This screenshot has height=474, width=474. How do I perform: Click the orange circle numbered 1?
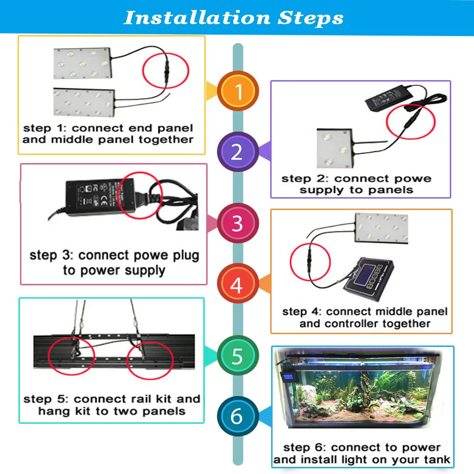pos(238,91)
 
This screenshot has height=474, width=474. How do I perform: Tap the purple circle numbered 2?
pos(237,152)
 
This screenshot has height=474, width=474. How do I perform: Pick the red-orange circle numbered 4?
pos(237,286)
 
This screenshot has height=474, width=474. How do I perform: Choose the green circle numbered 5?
pos(237,355)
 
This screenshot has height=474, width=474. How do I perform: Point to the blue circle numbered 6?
pos(237,416)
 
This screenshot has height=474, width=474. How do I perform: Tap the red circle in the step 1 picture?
pos(166,72)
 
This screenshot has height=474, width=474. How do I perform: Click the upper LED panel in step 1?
pos(83,63)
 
